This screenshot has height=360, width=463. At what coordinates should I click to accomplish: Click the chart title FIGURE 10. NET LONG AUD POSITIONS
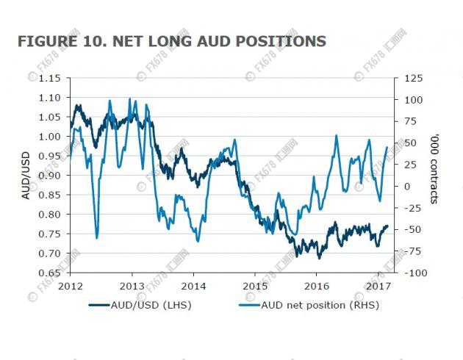[171, 41]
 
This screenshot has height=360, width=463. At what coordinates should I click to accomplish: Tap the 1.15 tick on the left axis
[50, 79]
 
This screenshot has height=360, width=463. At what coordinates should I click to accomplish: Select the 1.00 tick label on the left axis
[50, 137]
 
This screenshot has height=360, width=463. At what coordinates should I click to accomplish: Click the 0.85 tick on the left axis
[50, 195]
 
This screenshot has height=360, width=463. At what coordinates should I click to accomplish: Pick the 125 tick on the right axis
[414, 79]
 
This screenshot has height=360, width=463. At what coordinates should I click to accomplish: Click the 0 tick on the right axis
[407, 187]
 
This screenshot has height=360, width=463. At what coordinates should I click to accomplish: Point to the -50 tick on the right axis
[413, 230]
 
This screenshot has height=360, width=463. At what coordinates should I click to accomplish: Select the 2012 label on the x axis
[71, 286]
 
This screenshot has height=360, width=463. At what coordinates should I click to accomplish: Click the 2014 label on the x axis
[193, 286]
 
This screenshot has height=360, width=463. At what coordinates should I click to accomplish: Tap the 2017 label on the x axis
[378, 286]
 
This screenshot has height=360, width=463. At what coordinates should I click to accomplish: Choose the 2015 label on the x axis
[255, 286]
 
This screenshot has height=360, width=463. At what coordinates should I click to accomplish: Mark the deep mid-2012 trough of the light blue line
[97, 237]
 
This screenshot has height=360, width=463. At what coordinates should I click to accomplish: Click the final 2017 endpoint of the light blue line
[387, 147]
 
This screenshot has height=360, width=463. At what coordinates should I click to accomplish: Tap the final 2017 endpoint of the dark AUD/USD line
[387, 226]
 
